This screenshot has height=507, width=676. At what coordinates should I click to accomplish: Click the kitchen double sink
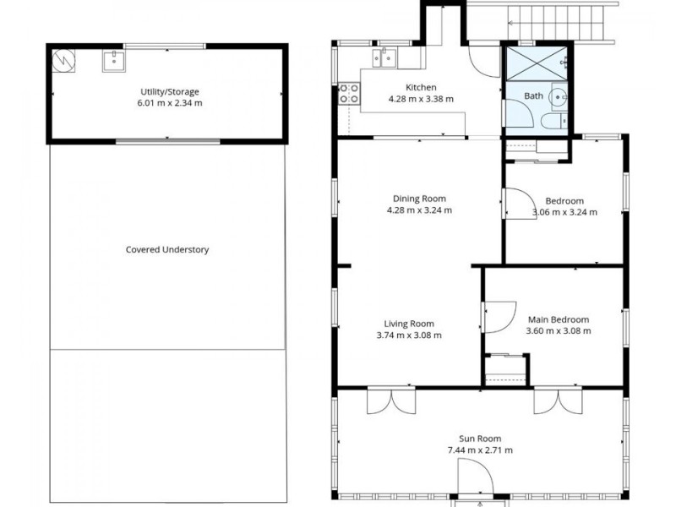click(x=384, y=57)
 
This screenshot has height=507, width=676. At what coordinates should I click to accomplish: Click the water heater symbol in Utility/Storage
click(x=63, y=61)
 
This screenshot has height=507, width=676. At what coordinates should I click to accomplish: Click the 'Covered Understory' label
click(x=167, y=249)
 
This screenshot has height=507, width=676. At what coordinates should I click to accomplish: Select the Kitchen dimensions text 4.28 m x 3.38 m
click(x=421, y=99)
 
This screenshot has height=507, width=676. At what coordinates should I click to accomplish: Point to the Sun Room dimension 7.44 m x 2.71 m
click(x=480, y=450)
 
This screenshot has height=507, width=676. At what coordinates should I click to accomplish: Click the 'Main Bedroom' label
click(x=558, y=319)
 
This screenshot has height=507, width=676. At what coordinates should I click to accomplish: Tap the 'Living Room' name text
click(x=409, y=324)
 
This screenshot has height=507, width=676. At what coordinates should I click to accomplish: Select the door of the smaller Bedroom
click(x=516, y=203)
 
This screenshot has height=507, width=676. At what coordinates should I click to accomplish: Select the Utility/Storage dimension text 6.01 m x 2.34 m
click(x=171, y=103)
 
